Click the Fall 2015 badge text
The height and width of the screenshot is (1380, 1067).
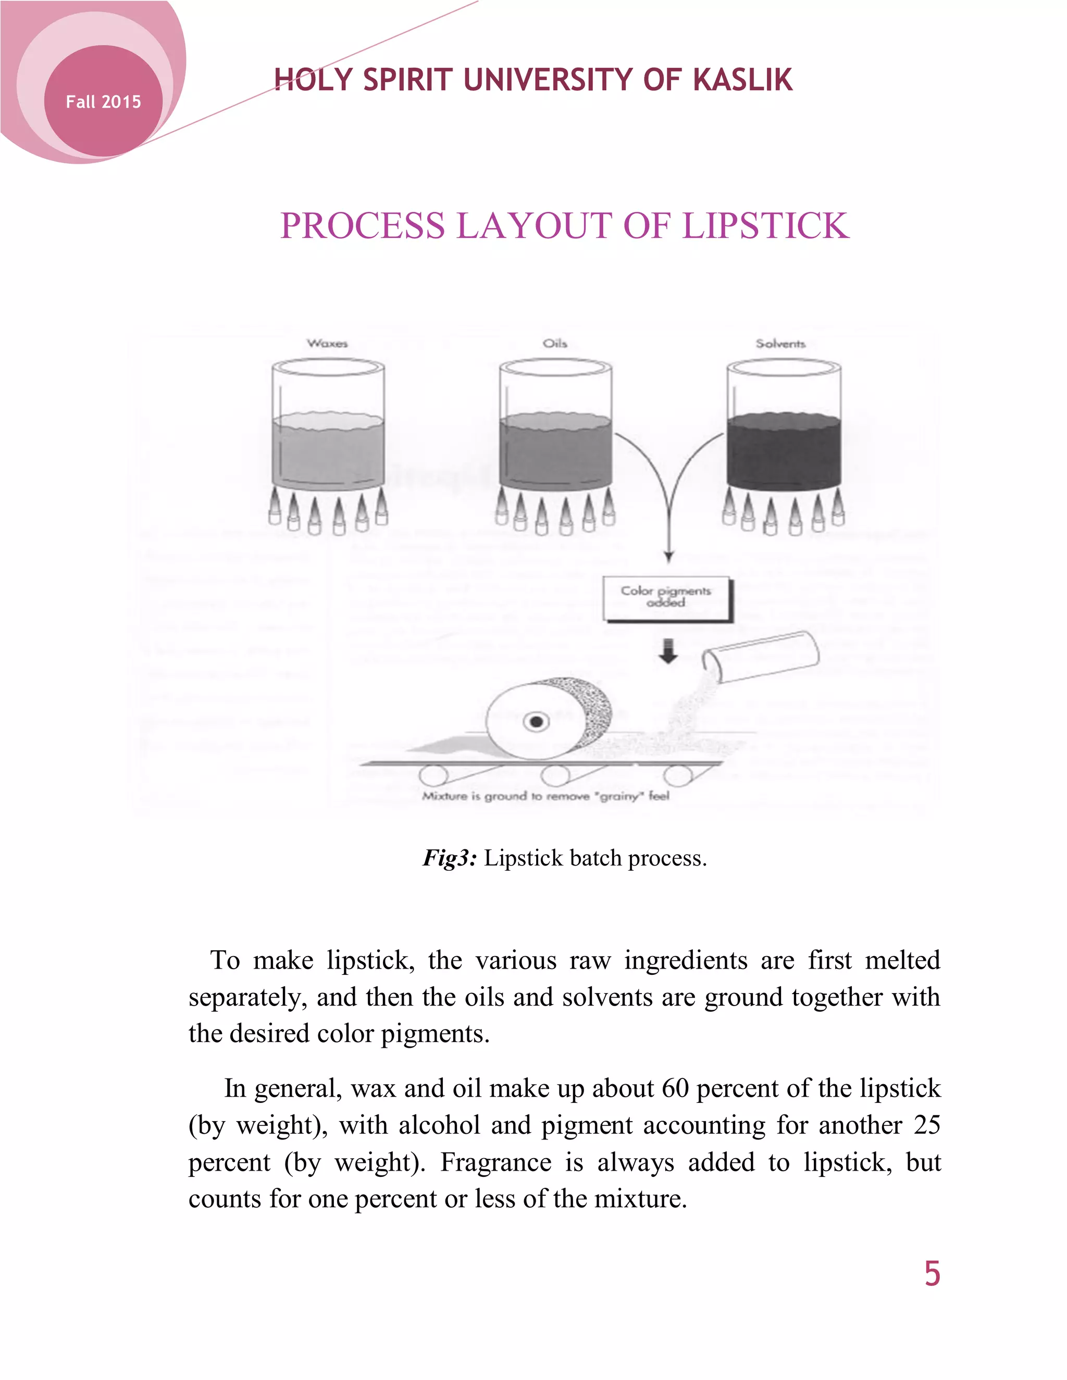click(x=103, y=102)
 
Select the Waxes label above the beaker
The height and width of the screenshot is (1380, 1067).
click(x=327, y=344)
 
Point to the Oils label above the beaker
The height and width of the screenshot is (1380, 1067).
click(x=554, y=344)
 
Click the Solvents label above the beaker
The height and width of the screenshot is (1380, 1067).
click(x=780, y=344)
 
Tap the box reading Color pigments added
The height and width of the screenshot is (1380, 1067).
click(x=666, y=598)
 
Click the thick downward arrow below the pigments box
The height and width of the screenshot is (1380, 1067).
click(x=668, y=652)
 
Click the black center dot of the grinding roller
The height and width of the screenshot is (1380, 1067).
click(x=537, y=721)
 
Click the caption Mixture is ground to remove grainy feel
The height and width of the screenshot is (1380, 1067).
click(x=545, y=796)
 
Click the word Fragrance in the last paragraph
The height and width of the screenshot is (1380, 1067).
click(x=495, y=1163)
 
